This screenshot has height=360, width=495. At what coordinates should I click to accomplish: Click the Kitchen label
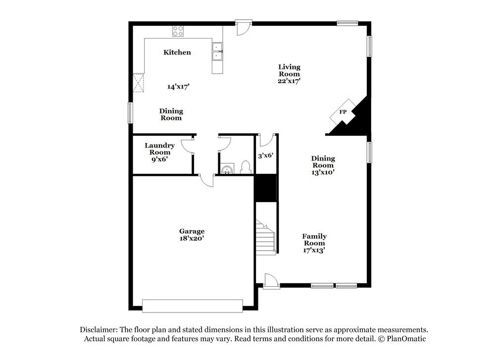tap(177, 52)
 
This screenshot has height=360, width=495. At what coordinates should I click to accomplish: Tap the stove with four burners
tap(178, 32)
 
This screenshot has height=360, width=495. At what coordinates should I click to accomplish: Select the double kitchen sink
tap(217, 51)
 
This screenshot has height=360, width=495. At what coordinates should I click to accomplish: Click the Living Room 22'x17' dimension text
tap(290, 81)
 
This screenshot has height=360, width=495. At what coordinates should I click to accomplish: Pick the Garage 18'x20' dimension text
tap(192, 238)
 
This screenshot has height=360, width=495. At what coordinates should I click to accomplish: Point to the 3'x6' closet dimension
tap(266, 155)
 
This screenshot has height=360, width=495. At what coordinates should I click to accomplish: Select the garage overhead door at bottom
tap(192, 306)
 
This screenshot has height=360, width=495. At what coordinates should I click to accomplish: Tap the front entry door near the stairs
tap(271, 280)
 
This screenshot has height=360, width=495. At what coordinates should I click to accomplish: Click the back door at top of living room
tap(243, 28)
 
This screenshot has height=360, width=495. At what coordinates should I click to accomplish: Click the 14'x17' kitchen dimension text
tap(178, 87)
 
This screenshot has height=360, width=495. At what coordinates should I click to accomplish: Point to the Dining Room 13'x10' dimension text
tap(323, 172)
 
